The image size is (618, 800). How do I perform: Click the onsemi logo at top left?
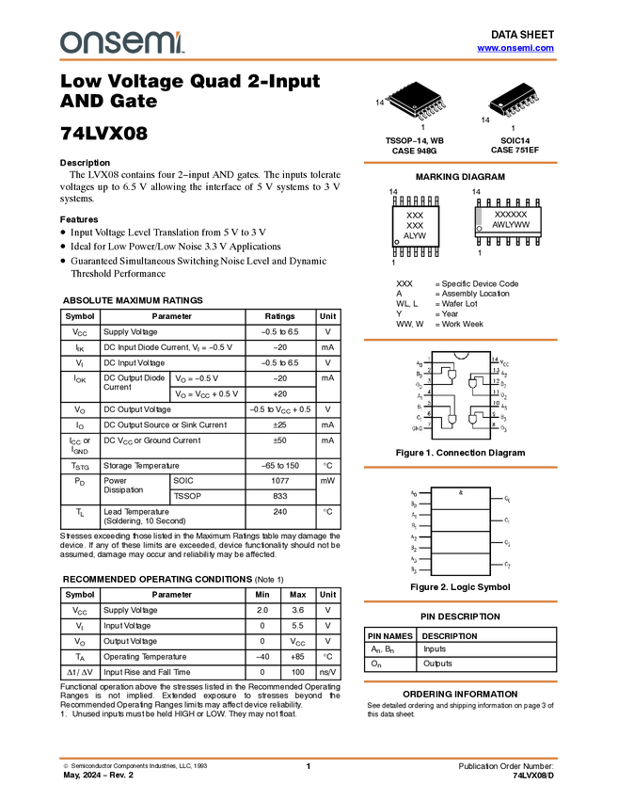tap(121, 42)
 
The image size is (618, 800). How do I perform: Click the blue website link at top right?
tap(515, 48)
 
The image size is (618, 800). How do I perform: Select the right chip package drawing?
tap(516, 104)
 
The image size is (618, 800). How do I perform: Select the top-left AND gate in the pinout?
tap(453, 376)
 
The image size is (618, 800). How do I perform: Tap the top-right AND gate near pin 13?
tap(473, 383)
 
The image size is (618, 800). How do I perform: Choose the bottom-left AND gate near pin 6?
tap(452, 418)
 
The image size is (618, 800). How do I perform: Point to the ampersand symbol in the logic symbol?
tap(461, 492)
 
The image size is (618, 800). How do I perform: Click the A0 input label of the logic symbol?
tap(414, 492)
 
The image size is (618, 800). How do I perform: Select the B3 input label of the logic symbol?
tap(414, 569)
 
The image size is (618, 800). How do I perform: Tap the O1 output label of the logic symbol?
tap(507, 520)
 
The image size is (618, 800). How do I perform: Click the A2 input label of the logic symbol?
tap(414, 536)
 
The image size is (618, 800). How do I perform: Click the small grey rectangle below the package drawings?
tap(479, 217)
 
